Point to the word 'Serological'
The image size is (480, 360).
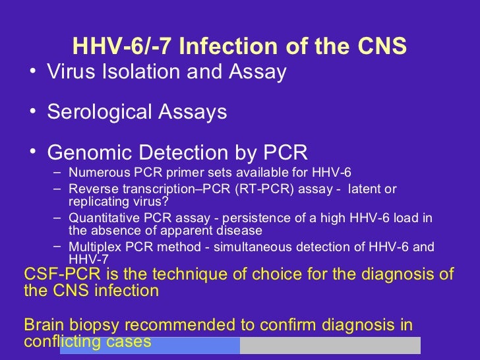[103, 112]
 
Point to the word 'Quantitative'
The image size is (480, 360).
[104, 218]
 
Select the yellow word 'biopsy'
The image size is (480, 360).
[92, 326]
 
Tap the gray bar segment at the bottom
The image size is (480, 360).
[330, 345]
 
